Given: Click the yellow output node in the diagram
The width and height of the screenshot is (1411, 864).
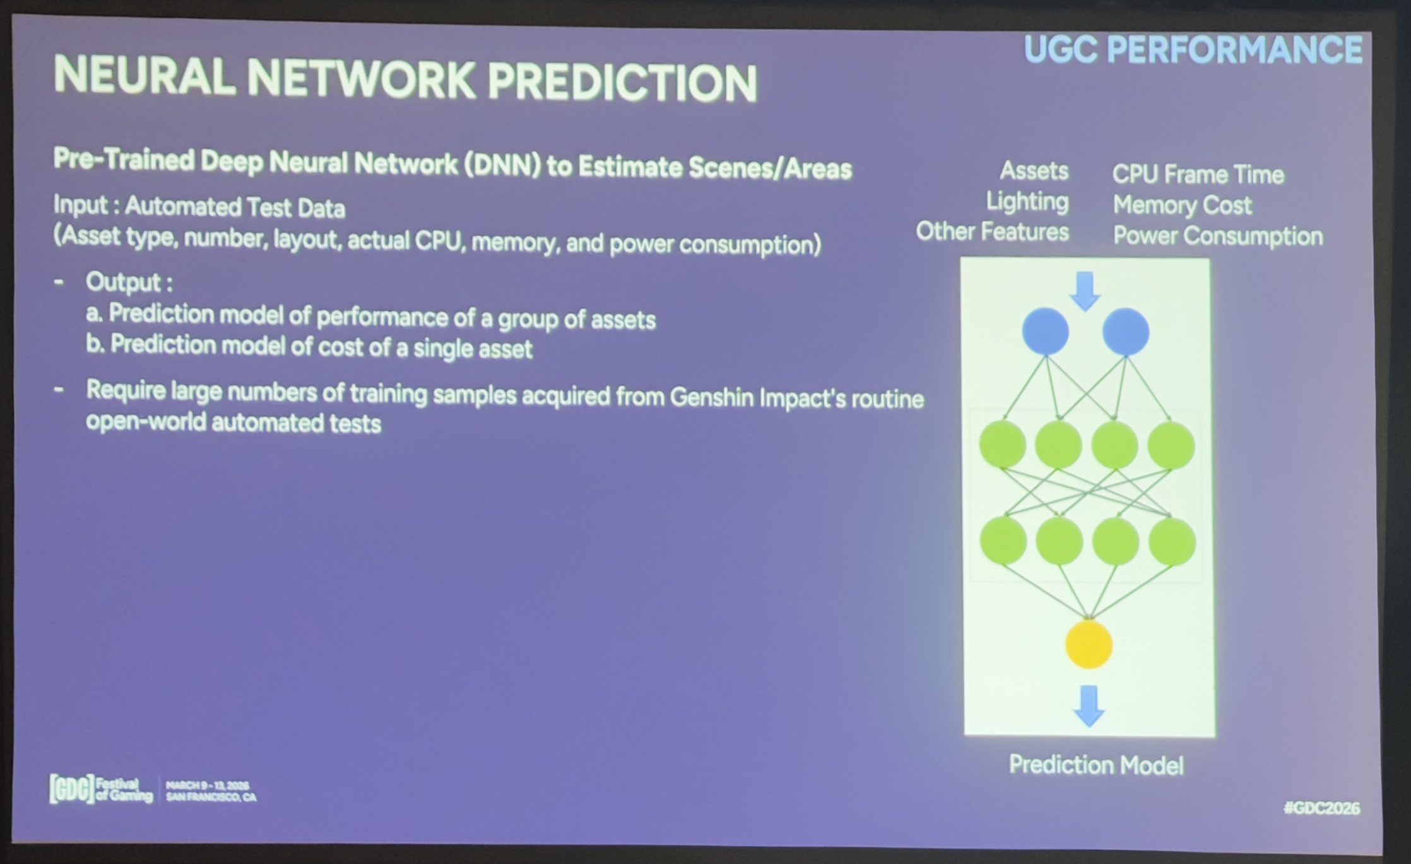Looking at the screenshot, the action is [x=1089, y=644].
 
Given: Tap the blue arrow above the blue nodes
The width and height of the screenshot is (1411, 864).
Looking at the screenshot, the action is [x=1085, y=291].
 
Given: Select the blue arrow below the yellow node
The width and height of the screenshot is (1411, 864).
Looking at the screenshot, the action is [x=1089, y=706].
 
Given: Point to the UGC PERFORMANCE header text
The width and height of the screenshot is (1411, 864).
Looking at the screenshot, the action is [x=1193, y=49].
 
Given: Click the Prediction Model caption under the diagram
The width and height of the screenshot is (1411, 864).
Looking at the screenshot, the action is [x=1096, y=765].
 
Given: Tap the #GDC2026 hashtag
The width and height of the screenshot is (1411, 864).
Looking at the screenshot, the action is [x=1322, y=808].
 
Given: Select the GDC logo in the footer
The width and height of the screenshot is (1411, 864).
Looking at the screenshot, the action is [x=72, y=789].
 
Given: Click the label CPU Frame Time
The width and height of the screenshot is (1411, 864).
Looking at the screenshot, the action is [x=1198, y=175].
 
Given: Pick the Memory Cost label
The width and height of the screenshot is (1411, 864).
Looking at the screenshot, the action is [x=1182, y=206].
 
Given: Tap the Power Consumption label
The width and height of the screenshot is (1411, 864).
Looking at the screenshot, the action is [x=1218, y=236].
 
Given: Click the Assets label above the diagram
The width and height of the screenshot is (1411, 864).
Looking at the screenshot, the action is [x=1034, y=171].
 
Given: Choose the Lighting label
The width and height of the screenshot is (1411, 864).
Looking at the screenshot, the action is [x=1027, y=202].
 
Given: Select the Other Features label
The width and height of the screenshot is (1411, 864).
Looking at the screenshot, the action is [x=992, y=231].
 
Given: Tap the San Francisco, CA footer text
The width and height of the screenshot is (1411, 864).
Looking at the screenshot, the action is [x=211, y=797].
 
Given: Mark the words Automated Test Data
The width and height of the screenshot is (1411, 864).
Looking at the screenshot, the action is [x=235, y=207].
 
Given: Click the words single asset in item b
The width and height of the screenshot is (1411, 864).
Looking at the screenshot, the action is [x=473, y=349].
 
